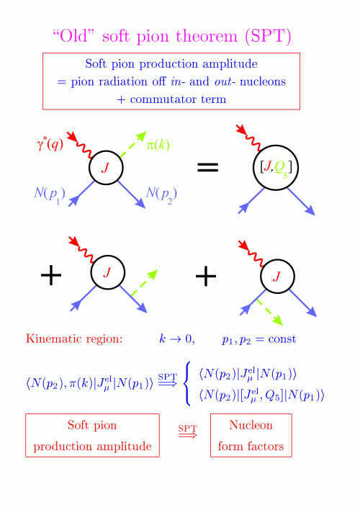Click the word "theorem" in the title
[x=207, y=36]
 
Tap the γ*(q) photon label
[x=50, y=144]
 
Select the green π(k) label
[x=158, y=145]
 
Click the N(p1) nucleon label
[x=50, y=195]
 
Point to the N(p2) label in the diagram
[x=161, y=195]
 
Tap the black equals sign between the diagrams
[x=208, y=167]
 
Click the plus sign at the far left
[x=51, y=275]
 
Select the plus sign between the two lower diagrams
[x=206, y=276]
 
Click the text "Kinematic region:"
[x=74, y=339]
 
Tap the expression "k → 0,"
[x=177, y=339]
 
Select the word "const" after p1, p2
[x=282, y=339]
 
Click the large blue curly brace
[x=187, y=384]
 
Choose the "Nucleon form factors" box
[x=251, y=436]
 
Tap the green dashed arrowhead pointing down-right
[x=277, y=321]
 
